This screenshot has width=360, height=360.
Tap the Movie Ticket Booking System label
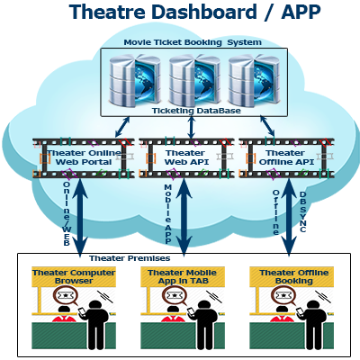click(x=193, y=42)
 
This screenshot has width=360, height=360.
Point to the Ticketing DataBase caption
click(x=196, y=111)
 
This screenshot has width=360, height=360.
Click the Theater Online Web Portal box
click(x=84, y=157)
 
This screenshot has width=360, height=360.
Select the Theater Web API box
click(x=186, y=157)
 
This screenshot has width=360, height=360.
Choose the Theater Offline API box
click(x=286, y=157)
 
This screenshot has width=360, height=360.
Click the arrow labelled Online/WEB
click(x=79, y=218)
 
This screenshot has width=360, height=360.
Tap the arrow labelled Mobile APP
click(x=184, y=218)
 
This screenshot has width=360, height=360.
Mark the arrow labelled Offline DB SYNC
click(x=288, y=218)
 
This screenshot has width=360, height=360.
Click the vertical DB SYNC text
click(x=302, y=211)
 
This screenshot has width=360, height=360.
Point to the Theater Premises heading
click(x=130, y=258)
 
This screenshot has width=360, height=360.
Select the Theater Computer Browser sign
click(x=74, y=276)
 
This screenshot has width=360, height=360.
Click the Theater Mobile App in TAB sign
click(x=183, y=276)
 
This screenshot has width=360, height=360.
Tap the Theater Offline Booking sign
click(x=292, y=276)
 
